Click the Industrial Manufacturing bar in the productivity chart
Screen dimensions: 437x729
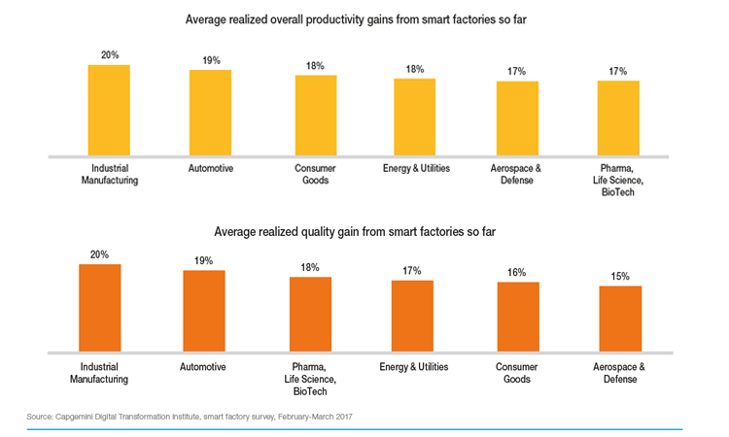(x=109, y=110)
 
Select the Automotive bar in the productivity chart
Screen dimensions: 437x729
(x=210, y=113)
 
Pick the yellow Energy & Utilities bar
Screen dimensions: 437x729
(x=414, y=116)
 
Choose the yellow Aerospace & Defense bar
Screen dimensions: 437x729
(x=517, y=118)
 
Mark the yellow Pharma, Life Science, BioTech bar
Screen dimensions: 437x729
(x=618, y=118)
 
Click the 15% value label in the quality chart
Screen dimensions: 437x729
(x=620, y=276)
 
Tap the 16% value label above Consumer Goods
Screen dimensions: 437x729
(x=518, y=272)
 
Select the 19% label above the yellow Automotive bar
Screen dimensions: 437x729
(x=210, y=60)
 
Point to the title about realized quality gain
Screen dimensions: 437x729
(x=364, y=233)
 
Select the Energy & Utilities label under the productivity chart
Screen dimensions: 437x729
(x=414, y=168)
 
